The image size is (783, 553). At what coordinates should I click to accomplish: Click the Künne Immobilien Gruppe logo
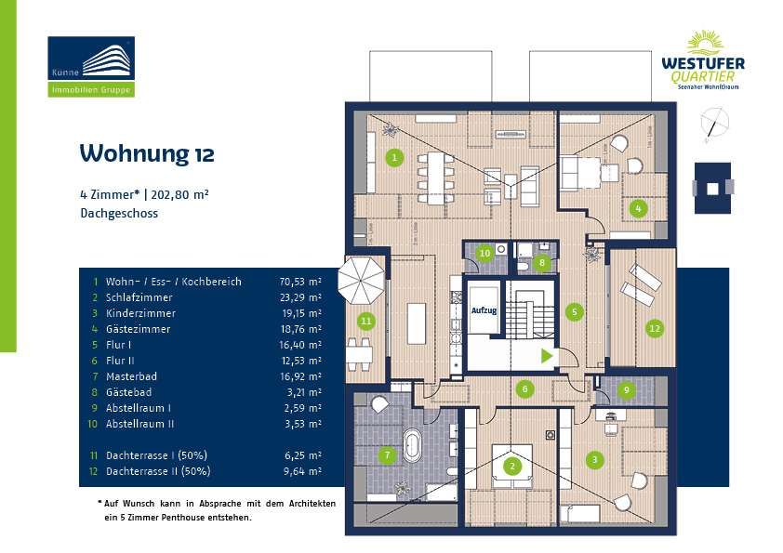(91, 66)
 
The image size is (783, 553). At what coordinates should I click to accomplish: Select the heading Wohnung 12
(147, 153)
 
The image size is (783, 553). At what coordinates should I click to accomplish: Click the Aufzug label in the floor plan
(484, 312)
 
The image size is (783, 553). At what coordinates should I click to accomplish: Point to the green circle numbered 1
(395, 157)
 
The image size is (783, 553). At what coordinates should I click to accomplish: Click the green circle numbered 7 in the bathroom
(389, 455)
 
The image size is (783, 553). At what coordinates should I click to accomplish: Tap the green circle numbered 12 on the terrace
(655, 327)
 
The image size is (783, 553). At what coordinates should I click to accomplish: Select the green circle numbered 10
(484, 253)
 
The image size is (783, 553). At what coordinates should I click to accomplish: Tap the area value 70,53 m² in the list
(300, 281)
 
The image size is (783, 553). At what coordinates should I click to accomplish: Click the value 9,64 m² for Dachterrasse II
(300, 471)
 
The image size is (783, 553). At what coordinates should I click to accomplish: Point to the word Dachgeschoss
(119, 213)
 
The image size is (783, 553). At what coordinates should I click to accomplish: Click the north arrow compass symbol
(713, 125)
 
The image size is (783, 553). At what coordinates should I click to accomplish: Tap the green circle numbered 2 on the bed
(511, 467)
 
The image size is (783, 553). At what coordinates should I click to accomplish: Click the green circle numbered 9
(627, 390)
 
